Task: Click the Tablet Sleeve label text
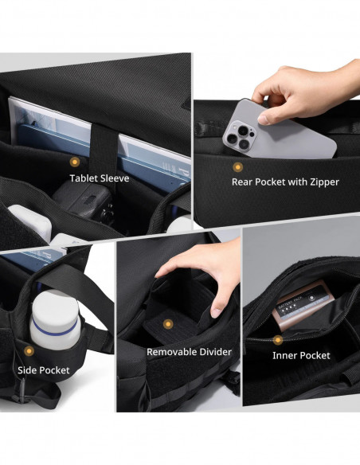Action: tap(100, 178)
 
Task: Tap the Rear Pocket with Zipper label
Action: tap(285, 182)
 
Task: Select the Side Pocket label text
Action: tap(44, 370)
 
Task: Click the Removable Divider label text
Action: tap(189, 352)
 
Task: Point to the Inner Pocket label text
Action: tap(301, 356)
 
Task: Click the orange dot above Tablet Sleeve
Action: tap(75, 162)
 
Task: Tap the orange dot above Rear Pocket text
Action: tap(237, 167)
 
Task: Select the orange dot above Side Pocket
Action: tap(29, 351)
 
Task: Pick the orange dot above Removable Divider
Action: tap(168, 324)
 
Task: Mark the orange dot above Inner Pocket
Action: tap(278, 340)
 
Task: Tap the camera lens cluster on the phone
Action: tap(240, 136)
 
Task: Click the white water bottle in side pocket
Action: tap(55, 320)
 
